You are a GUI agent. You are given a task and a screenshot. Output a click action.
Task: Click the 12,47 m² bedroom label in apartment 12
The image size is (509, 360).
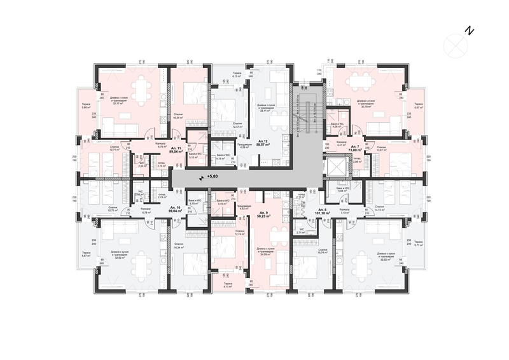[x=238, y=125]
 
